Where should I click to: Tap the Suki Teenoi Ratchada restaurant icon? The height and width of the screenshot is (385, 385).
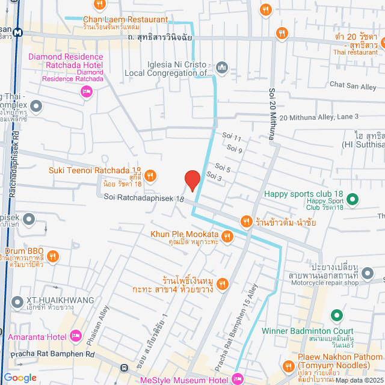coord(150,175)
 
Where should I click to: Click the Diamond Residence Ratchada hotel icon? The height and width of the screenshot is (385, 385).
coord(85,91)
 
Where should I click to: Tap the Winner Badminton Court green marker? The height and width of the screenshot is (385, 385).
coord(336,315)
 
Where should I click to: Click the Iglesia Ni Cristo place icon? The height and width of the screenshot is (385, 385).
coord(221,67)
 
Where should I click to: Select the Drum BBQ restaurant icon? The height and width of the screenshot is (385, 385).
coord(53,257)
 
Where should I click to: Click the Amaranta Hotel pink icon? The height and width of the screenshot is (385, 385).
coord(76,335)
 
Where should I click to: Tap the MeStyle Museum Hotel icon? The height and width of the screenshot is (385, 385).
coord(237,379)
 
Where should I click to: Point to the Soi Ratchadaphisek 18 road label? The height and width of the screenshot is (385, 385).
coord(141,197)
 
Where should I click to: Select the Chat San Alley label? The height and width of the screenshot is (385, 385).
coord(353,86)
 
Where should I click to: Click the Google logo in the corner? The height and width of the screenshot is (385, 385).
coord(20,378)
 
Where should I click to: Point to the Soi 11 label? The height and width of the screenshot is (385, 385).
coord(231,138)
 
